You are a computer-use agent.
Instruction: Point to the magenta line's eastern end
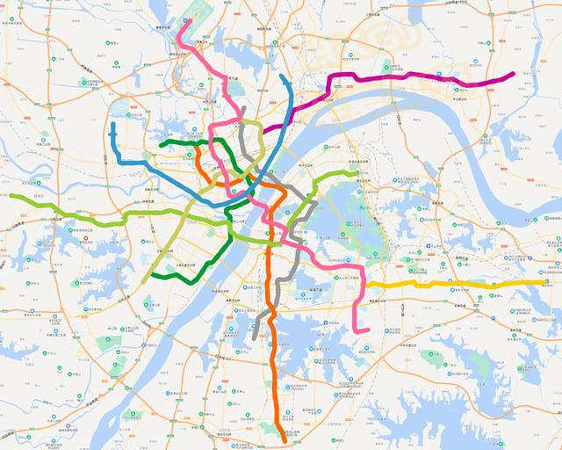tap(514, 73)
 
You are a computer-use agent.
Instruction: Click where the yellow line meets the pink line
tap(353, 287)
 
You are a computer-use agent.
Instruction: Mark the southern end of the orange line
tap(281, 432)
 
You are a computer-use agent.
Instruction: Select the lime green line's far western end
tap(11, 195)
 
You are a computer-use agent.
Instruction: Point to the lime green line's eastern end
tap(357, 173)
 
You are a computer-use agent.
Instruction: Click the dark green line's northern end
tap(161, 143)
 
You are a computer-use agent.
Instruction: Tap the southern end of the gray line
tap(254, 337)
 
